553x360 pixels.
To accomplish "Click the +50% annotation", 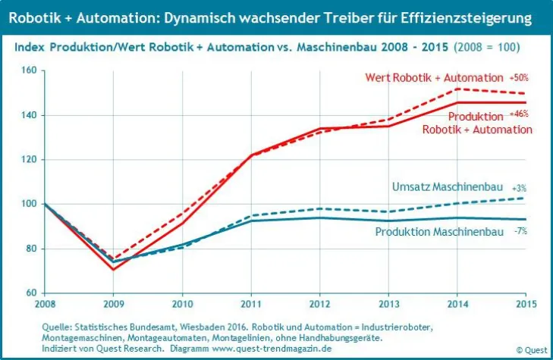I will tap(519, 78).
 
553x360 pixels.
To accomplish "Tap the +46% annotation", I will tap(519, 114).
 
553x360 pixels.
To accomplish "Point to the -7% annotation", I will tap(521, 230).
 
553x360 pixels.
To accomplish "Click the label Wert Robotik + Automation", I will tap(434, 78).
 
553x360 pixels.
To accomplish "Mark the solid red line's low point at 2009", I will tap(113, 269).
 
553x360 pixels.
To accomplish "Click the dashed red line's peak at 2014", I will tap(458, 89).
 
